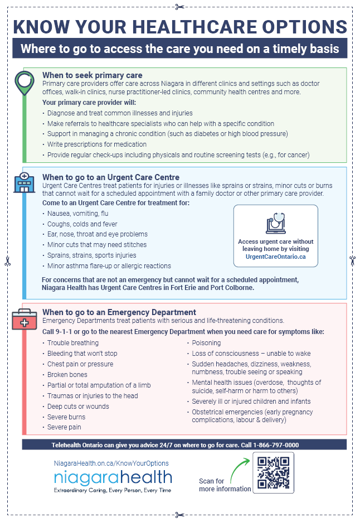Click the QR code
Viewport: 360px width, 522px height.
[x=273, y=472]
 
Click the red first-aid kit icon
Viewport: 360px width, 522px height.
[x=23, y=320]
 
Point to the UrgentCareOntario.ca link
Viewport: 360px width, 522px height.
[x=276, y=256]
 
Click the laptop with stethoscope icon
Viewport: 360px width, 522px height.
[x=276, y=223]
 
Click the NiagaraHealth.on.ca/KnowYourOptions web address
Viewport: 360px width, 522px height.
[x=111, y=463]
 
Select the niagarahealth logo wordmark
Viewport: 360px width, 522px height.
[x=113, y=478]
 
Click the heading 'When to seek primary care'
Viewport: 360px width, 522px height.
[x=92, y=75]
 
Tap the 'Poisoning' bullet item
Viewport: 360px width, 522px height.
[x=207, y=343]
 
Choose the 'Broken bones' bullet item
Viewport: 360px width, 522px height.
[x=67, y=375]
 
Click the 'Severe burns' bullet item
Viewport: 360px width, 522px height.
[x=66, y=417]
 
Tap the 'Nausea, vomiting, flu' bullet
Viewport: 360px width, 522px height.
[x=77, y=214]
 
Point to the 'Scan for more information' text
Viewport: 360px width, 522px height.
[x=225, y=485]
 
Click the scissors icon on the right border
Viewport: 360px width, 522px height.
[x=352, y=259]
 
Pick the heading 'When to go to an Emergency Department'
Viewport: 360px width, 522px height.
[x=119, y=312]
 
